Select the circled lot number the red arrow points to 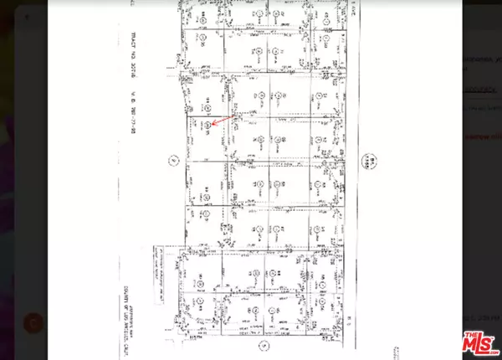point(205,126)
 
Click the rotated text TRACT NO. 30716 point(134,52)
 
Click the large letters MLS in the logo point(478,341)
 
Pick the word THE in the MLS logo point(465,333)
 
